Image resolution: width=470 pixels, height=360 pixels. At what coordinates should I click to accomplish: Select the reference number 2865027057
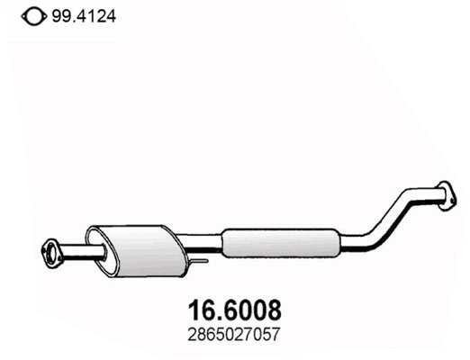238,336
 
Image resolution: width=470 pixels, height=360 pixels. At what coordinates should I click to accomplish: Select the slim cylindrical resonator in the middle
279,240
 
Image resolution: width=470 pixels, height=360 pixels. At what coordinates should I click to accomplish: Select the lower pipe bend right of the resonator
365,238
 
